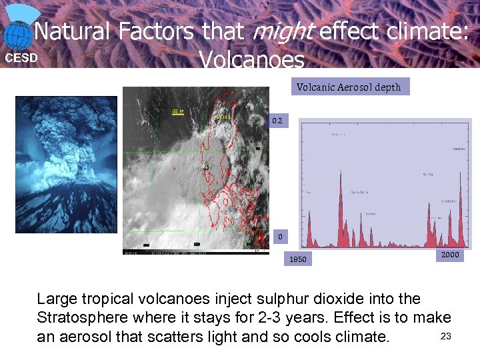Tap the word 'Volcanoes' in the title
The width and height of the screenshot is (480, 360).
[252, 61]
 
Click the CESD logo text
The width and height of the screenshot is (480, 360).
[21, 58]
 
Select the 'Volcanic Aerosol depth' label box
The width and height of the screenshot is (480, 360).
[349, 87]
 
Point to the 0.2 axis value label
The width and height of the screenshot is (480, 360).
[277, 121]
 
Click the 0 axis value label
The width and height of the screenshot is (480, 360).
[280, 236]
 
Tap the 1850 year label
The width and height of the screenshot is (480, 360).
[297, 259]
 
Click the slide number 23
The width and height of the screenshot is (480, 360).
[446, 336]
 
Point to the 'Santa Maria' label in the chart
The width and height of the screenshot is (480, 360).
[360, 192]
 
